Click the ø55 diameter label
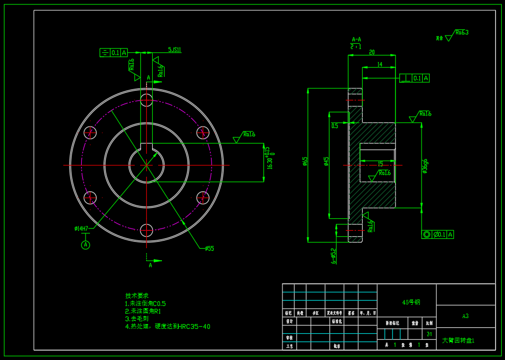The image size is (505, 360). tap(209, 249)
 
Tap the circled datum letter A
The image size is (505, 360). tap(86, 245)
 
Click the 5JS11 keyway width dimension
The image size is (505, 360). tap(175, 50)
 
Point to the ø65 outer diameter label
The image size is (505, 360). tap(305, 161)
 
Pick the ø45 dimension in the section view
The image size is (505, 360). tap(327, 161)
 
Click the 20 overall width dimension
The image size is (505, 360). tap(372, 52)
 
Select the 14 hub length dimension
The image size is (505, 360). tap(380, 64)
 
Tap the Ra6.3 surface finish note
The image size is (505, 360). tap(461, 33)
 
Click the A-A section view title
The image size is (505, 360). tap(356, 39)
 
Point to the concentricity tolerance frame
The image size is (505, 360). tap(437, 235)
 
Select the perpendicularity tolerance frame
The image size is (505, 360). tap(414, 78)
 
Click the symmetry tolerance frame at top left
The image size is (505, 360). tap(113, 53)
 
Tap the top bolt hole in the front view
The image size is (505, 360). tap(146, 100)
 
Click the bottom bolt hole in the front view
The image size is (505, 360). tap(146, 230)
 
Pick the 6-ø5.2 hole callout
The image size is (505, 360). tap(334, 255)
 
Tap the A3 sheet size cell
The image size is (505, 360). tap(465, 316)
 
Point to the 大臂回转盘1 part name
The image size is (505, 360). tap(458, 340)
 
